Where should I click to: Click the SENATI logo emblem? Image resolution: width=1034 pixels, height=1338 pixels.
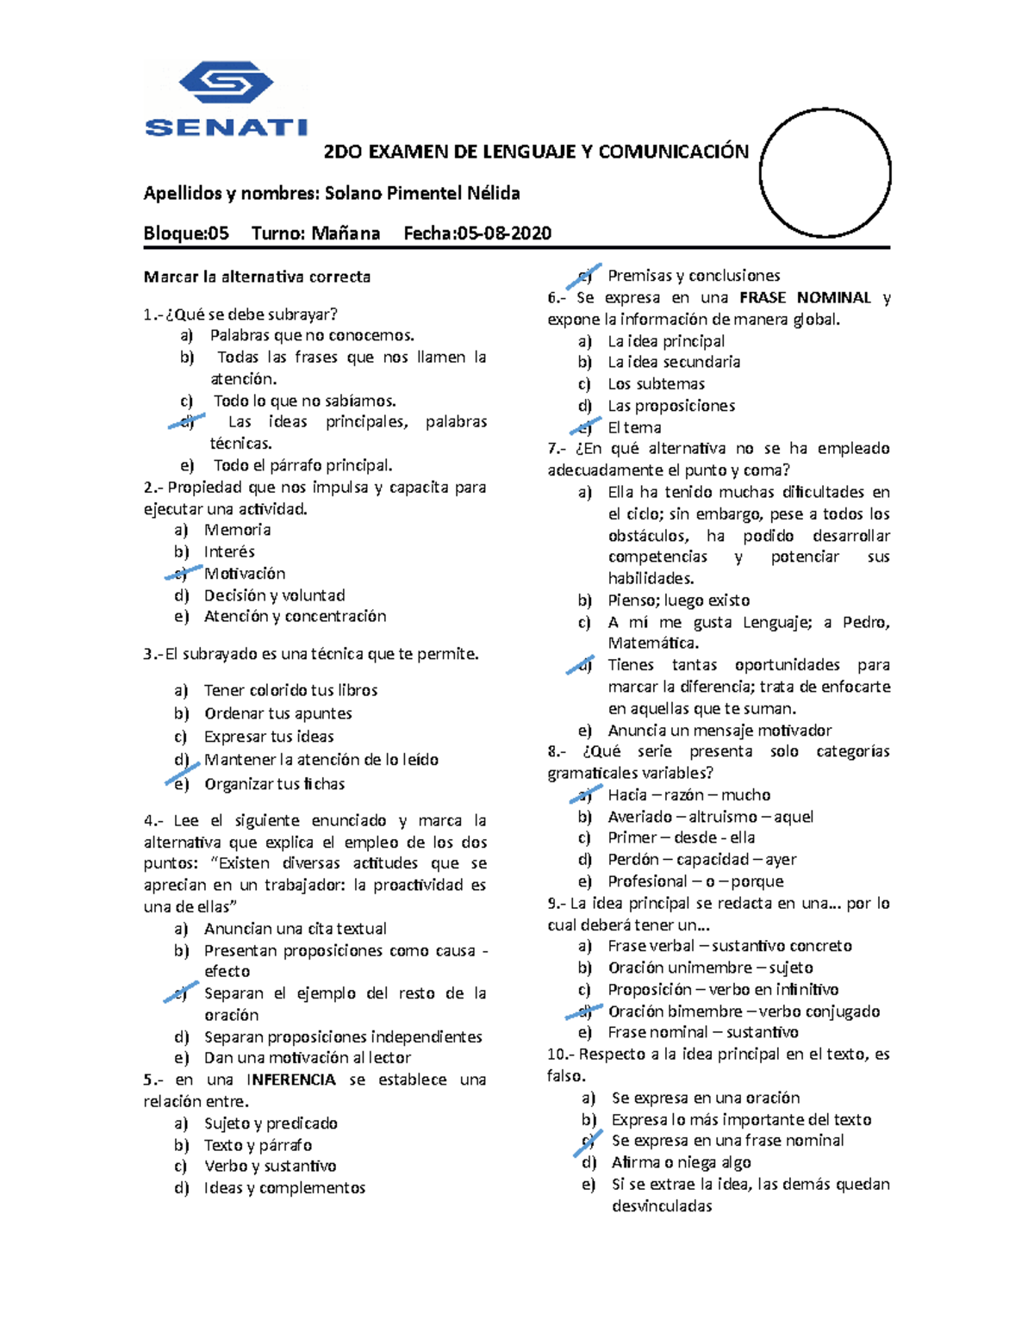(226, 84)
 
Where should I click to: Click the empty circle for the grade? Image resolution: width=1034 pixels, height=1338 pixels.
(825, 174)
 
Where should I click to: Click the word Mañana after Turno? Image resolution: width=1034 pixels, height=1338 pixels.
(346, 233)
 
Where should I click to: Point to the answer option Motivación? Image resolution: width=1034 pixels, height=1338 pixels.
(245, 574)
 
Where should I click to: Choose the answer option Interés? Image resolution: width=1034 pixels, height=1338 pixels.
(229, 551)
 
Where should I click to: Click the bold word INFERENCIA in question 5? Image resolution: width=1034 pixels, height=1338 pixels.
(291, 1080)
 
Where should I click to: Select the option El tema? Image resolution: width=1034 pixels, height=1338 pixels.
(634, 427)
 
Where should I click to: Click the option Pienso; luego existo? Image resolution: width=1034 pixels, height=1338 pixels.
(678, 601)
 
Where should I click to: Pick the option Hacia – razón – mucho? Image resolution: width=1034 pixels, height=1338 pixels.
(688, 795)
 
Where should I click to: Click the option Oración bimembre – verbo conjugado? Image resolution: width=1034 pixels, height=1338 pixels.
(744, 1011)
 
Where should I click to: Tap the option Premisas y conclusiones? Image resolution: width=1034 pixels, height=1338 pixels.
(694, 276)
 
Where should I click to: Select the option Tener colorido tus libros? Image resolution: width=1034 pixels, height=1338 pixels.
(290, 690)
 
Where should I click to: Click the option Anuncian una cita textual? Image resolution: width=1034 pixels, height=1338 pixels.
(295, 929)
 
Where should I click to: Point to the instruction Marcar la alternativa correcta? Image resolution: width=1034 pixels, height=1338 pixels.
(257, 277)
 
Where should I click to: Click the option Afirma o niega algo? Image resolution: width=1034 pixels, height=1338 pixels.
(681, 1162)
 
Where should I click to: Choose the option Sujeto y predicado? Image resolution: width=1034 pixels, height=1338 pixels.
(271, 1123)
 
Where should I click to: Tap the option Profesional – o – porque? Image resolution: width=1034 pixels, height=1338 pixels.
(695, 881)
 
